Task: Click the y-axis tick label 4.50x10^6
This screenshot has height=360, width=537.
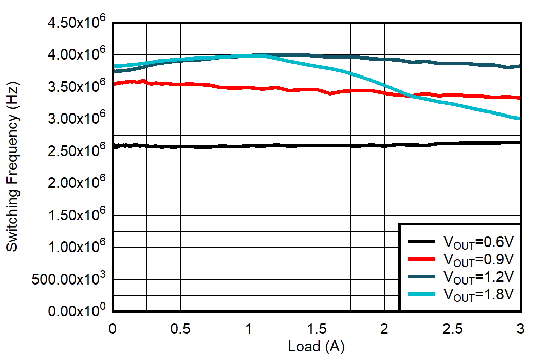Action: (x=75, y=24)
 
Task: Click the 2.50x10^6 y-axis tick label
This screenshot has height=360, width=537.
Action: (x=75, y=151)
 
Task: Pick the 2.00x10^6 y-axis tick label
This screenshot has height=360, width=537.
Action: (x=75, y=183)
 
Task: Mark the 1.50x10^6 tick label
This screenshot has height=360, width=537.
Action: (x=75, y=216)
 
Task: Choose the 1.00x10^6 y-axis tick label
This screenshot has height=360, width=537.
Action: (x=75, y=248)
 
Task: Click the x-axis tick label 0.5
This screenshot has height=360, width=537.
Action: (x=180, y=328)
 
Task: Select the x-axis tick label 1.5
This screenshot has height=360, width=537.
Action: (x=317, y=328)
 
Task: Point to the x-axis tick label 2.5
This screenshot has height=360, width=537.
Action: (x=453, y=328)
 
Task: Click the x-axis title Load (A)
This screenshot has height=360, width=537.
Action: (x=316, y=347)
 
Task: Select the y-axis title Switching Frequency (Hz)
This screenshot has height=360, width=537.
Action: (x=12, y=167)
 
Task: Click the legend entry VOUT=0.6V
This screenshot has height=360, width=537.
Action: (x=478, y=241)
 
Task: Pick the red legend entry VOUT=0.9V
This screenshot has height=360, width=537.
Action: (x=478, y=258)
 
